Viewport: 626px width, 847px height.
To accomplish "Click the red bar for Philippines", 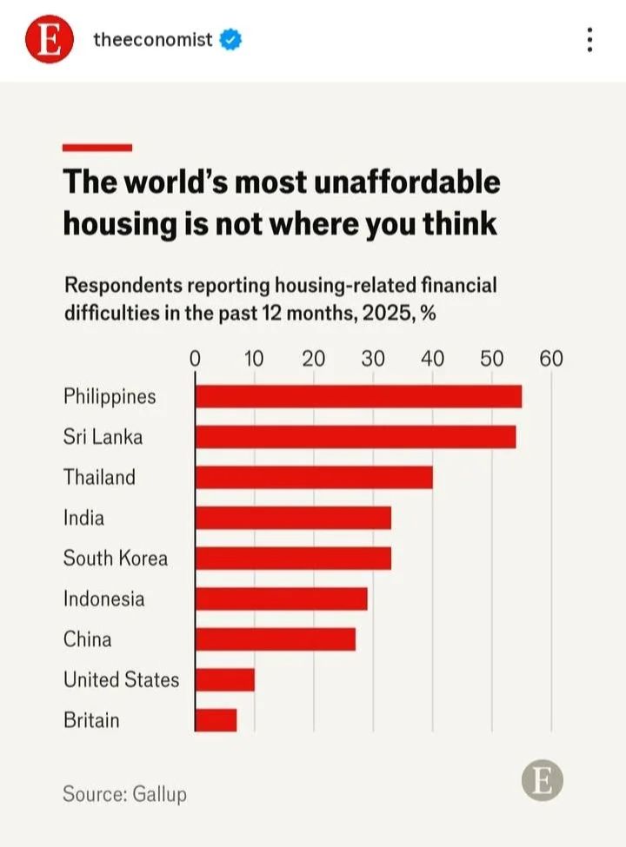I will (x=358, y=396).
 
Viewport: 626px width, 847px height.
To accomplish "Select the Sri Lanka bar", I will (x=356, y=436).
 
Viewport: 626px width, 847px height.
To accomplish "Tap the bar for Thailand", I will (x=314, y=477).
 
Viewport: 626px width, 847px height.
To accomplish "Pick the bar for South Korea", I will (x=293, y=558).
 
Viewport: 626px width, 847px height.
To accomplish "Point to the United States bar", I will (x=225, y=679).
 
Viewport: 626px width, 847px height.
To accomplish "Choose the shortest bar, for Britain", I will (x=216, y=720).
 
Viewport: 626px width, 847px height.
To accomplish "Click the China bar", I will (x=276, y=639).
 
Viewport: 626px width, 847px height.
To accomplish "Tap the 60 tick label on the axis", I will (x=551, y=359).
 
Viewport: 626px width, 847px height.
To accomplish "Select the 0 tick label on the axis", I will (x=195, y=359).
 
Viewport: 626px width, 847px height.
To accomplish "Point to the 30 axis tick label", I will (x=373, y=359).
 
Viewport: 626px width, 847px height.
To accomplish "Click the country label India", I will (x=83, y=518).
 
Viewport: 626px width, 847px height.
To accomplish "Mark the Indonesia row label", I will (x=103, y=599).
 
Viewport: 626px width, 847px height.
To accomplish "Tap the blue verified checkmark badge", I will (x=230, y=39).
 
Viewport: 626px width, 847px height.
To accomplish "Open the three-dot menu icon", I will (x=590, y=40).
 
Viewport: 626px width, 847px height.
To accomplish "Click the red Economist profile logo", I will (x=49, y=40).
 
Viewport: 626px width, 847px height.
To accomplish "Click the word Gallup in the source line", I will (x=160, y=793).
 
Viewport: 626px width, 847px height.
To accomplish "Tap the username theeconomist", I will (x=152, y=39).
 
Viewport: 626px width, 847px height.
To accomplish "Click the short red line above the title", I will (x=97, y=148).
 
